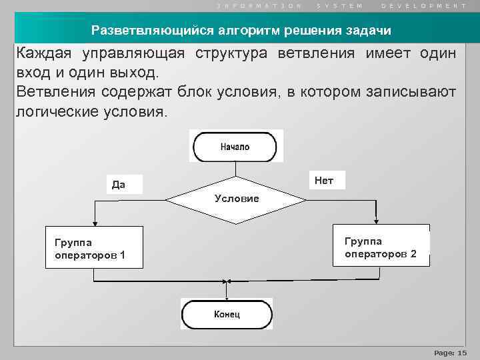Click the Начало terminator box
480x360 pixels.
pos(234,147)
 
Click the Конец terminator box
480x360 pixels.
pos(227,313)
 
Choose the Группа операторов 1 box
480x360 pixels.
pos(93,247)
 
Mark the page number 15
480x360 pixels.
pos(463,352)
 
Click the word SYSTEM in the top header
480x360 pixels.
pos(340,5)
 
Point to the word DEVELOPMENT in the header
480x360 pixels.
pos(424,5)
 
